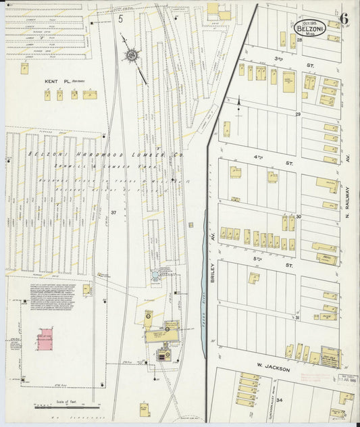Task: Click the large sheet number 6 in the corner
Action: click(x=344, y=18)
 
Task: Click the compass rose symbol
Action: click(x=131, y=53)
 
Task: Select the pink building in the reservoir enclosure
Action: click(x=45, y=337)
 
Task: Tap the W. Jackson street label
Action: click(x=273, y=369)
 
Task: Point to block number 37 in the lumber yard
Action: click(x=114, y=214)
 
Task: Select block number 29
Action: click(x=297, y=115)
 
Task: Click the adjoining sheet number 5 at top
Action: click(x=121, y=19)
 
